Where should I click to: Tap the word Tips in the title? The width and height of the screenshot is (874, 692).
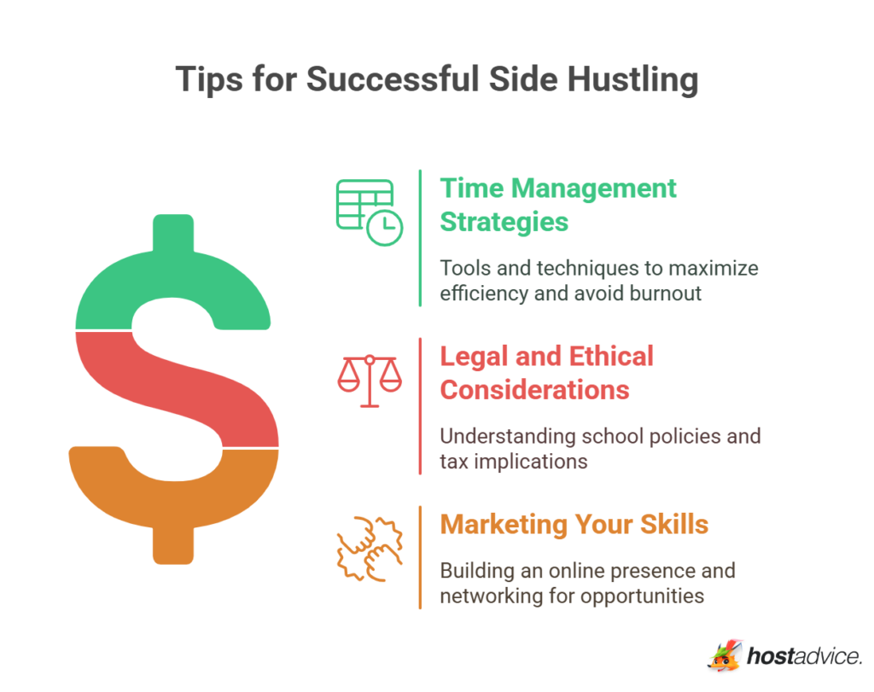pyautogui.click(x=207, y=79)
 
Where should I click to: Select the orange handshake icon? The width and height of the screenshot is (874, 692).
pyautogui.click(x=368, y=548)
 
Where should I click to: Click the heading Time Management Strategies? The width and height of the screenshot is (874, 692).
pyautogui.click(x=557, y=205)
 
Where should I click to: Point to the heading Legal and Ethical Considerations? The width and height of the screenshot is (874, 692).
pyautogui.click(x=546, y=373)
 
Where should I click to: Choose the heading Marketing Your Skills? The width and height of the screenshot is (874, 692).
pyautogui.click(x=574, y=524)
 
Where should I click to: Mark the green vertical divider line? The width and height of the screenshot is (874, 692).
pyautogui.click(x=420, y=237)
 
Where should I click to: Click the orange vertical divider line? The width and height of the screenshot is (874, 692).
pyautogui.click(x=420, y=557)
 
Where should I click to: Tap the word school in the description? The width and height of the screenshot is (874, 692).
pyautogui.click(x=609, y=436)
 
